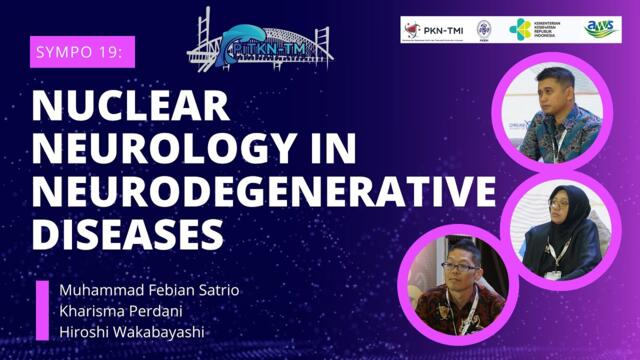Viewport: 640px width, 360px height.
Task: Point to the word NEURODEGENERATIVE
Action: pos(262,192)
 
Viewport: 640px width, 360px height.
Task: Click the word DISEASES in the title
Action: pos(126,234)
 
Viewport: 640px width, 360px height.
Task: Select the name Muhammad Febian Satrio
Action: pos(150,290)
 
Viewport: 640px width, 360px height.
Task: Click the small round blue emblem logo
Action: pos(485,30)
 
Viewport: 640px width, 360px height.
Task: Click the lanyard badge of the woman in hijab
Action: pos(556,270)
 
